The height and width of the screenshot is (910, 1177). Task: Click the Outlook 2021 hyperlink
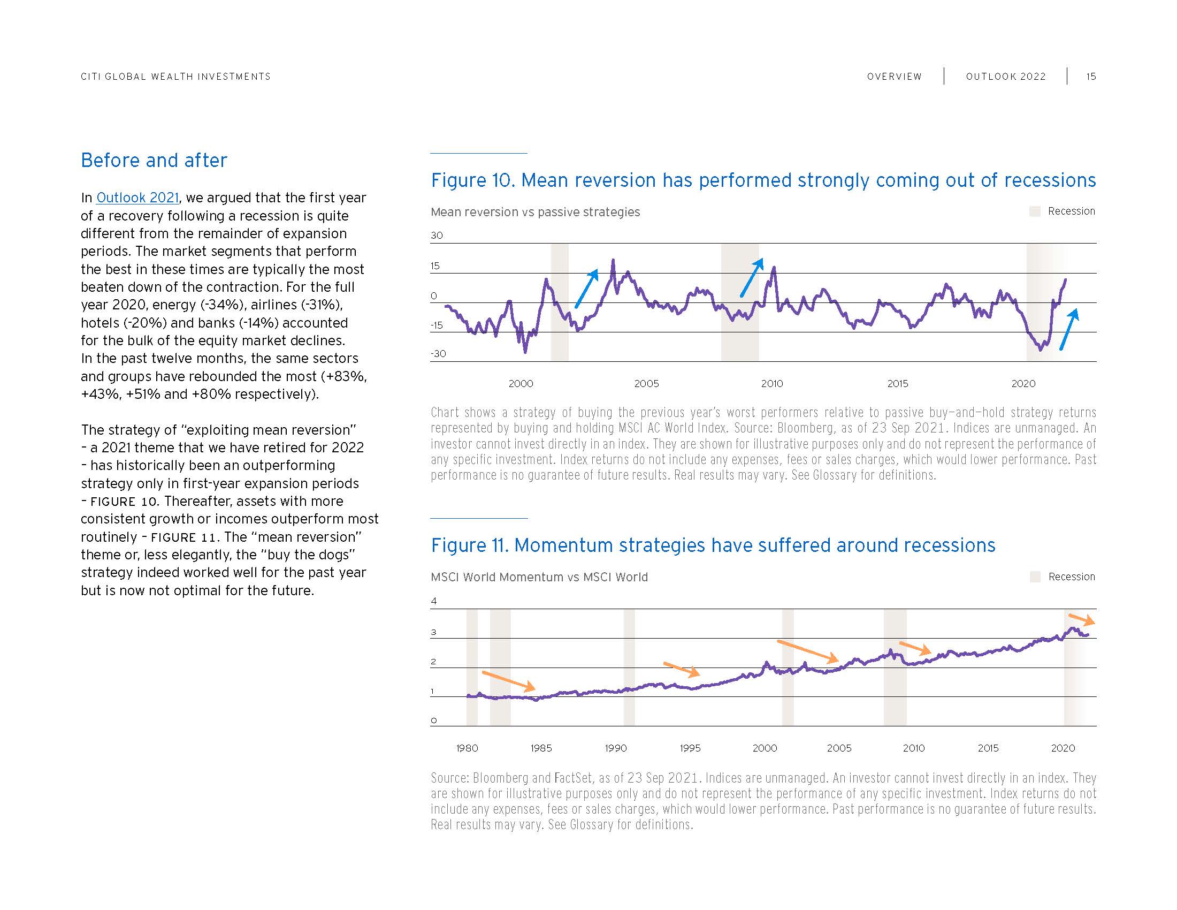point(137,198)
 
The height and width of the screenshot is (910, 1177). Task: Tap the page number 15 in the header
point(1091,77)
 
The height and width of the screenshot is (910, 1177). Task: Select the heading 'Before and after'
point(154,160)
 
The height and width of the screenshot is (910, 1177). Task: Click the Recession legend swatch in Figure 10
point(1035,211)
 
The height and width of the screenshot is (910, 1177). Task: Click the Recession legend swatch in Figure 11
point(1035,577)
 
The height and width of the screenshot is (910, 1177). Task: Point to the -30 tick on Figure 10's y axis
point(438,354)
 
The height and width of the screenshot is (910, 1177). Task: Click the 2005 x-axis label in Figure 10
point(646,384)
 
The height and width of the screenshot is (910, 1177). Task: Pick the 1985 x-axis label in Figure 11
point(541,748)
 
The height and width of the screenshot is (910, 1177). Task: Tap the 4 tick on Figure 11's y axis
point(434,601)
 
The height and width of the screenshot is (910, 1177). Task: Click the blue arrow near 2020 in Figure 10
point(1069,329)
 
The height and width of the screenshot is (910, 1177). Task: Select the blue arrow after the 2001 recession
point(587,289)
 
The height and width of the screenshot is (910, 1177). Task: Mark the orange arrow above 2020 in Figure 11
point(1082,619)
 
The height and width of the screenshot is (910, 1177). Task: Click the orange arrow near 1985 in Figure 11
point(508,681)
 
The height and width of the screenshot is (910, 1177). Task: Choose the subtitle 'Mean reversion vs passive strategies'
point(535,212)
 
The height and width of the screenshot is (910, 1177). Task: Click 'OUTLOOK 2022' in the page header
point(1006,77)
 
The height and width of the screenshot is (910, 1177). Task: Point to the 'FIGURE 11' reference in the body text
point(183,537)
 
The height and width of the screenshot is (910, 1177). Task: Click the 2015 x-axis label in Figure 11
point(988,748)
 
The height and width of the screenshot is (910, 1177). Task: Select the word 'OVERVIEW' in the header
point(894,77)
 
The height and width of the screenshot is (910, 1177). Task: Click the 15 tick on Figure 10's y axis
point(435,266)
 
